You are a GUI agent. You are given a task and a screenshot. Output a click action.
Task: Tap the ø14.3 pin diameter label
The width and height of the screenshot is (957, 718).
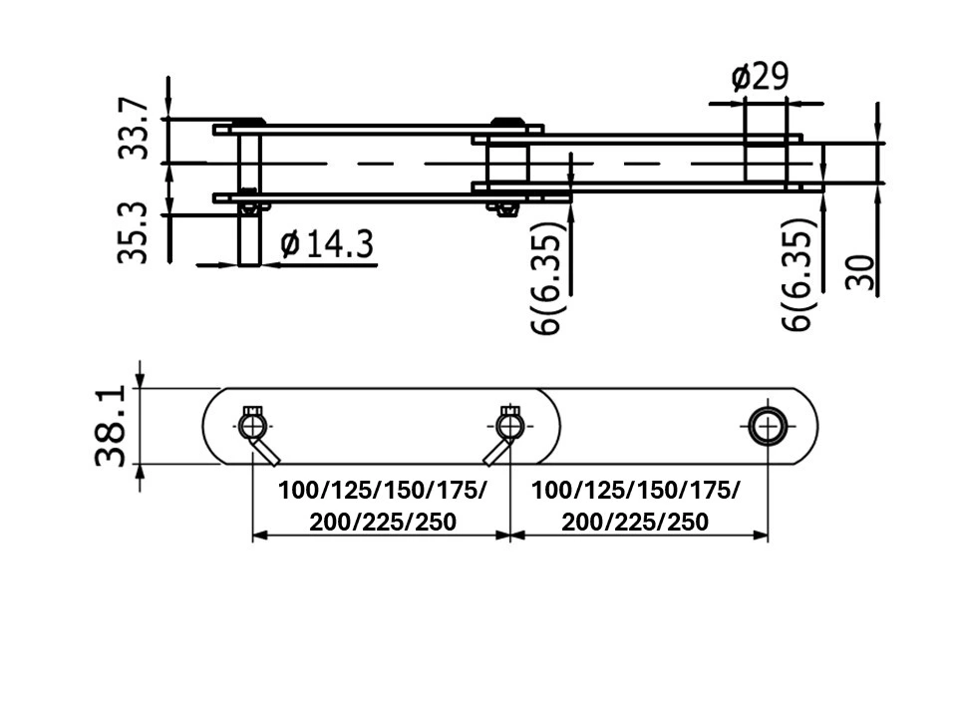[x=328, y=244]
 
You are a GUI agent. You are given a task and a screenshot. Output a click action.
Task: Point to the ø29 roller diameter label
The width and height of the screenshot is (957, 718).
[x=760, y=77]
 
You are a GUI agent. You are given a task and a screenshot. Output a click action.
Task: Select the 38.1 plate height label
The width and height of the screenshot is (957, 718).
[x=112, y=427]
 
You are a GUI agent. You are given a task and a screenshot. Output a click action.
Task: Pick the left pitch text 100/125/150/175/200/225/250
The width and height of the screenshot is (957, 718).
[x=383, y=506]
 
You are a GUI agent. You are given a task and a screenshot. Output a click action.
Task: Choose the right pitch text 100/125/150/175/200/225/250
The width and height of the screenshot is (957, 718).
[x=636, y=506]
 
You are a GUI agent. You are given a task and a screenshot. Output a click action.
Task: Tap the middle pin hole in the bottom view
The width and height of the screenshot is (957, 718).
[x=509, y=428]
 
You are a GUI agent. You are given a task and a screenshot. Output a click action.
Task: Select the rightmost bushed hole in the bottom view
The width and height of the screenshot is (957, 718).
[x=768, y=427]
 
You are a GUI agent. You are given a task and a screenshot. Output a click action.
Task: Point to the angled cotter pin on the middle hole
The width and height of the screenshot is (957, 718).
[x=495, y=452]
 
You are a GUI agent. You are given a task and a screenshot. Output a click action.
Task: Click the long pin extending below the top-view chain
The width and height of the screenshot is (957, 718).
[x=250, y=239]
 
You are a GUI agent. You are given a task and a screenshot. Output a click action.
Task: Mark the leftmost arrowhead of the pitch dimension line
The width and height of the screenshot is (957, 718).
[x=257, y=536]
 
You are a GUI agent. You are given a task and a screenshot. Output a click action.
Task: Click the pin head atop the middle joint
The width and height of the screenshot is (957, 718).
[x=509, y=122]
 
